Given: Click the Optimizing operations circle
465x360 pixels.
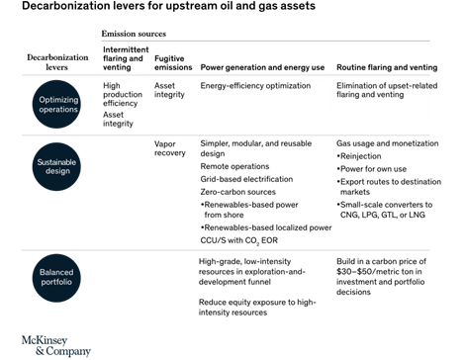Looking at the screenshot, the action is [x=56, y=104].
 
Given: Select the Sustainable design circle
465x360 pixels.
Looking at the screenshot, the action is [x=56, y=166].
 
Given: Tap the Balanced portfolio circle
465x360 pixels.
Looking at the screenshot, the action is [x=56, y=278].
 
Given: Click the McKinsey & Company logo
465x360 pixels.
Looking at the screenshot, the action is [x=56, y=346].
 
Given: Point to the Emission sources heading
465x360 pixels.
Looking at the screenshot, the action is [x=134, y=34].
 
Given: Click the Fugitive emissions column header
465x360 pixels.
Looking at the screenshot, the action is [x=173, y=63].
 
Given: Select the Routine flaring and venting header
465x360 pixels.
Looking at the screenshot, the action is [x=387, y=67].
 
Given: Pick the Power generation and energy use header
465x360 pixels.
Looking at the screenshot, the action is [x=262, y=67].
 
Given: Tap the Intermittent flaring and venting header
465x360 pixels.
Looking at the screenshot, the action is [x=126, y=58].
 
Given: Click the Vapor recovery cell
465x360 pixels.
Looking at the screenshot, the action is [x=170, y=148].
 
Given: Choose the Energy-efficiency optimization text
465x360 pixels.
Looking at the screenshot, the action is [x=255, y=86].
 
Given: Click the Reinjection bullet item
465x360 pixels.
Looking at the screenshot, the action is [x=359, y=156].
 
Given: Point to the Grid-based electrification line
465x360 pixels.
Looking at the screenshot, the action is [x=246, y=179].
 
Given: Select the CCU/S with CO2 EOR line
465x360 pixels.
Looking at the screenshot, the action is [x=239, y=240].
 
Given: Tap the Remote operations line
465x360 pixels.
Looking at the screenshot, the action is [x=234, y=166].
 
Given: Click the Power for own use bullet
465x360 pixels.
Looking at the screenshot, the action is [x=372, y=169].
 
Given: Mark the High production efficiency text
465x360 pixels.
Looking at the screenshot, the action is [x=123, y=94].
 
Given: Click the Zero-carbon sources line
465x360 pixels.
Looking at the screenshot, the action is [x=238, y=192].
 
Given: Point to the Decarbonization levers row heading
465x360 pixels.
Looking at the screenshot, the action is [x=57, y=62].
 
